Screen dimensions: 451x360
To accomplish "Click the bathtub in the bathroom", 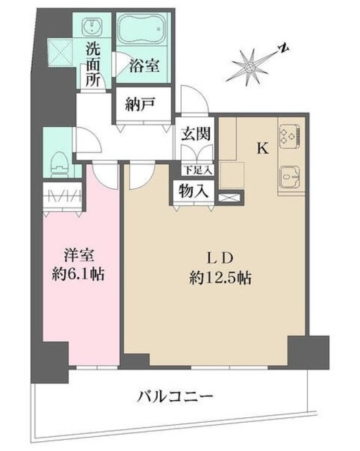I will (x=144, y=32).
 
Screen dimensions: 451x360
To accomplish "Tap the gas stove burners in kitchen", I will (x=289, y=133).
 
